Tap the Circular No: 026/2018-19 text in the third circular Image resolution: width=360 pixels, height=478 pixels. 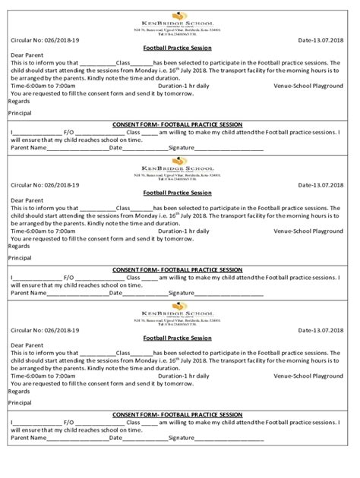pyautogui.click(x=45, y=330)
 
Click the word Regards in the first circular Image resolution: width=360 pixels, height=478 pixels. pyautogui.click(x=19, y=101)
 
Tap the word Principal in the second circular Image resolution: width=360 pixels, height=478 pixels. pyautogui.click(x=21, y=258)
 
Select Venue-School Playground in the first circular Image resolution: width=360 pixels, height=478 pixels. pyautogui.click(x=308, y=86)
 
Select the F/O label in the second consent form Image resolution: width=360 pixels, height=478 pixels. pyautogui.click(x=68, y=278)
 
